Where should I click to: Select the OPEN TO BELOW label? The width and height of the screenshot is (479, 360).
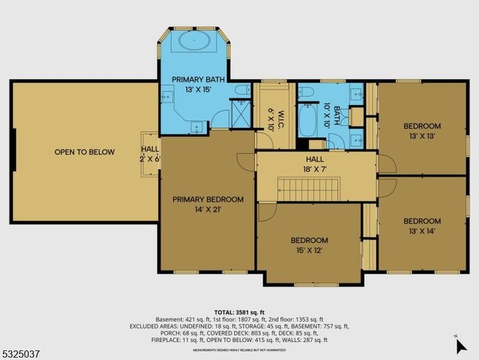click(85, 152)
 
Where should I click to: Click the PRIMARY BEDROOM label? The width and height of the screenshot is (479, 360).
click(208, 199)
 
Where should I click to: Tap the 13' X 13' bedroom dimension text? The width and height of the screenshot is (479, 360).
click(422, 136)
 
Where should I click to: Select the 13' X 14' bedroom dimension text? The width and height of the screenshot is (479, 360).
click(421, 232)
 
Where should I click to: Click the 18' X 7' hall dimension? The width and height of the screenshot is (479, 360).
click(314, 169)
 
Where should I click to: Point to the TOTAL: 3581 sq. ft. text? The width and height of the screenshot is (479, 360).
click(239, 311)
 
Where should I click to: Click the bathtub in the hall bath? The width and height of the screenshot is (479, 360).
click(309, 120)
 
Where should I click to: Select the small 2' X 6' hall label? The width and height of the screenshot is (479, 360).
click(150, 154)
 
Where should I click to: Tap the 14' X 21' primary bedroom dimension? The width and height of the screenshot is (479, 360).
click(208, 211)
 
